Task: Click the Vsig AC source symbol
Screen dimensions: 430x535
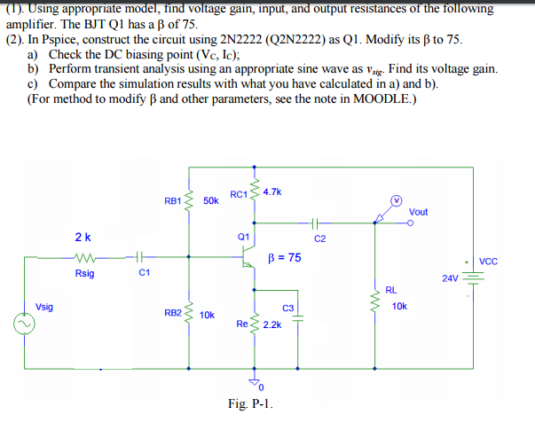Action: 25,325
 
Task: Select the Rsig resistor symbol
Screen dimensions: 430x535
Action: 85,258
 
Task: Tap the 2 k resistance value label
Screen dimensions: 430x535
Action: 82,237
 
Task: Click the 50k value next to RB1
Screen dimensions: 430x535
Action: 210,201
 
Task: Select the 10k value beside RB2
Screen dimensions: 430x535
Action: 207,315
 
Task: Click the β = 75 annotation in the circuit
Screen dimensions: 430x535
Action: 284,258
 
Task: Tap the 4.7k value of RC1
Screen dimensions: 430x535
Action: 273,191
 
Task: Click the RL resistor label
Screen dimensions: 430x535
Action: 391,289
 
